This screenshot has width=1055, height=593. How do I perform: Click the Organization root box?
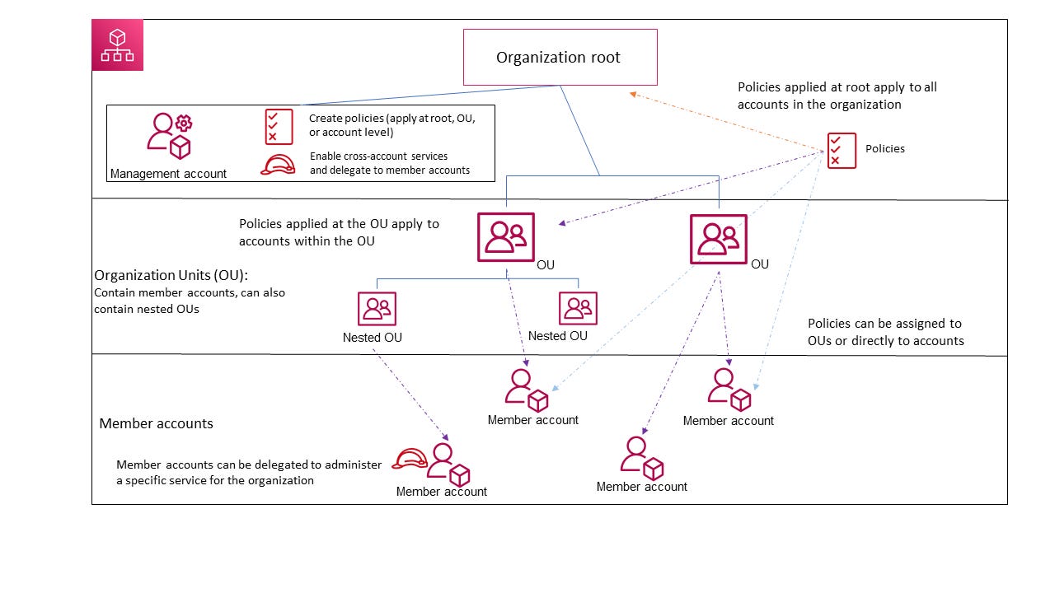(x=560, y=57)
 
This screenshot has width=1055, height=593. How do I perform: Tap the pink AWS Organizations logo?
(x=117, y=45)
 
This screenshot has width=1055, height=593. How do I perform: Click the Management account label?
(x=168, y=173)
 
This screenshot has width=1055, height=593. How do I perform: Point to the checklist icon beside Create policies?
(x=279, y=127)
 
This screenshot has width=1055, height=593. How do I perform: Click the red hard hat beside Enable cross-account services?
(x=278, y=164)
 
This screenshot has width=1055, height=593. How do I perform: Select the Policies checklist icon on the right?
(x=842, y=151)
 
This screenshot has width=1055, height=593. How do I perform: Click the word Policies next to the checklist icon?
(x=884, y=149)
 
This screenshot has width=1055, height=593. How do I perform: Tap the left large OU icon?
(x=505, y=237)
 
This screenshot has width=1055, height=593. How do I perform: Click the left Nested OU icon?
(x=377, y=309)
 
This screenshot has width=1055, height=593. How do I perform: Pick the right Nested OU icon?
(x=578, y=309)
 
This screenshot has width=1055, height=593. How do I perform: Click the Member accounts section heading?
(x=156, y=423)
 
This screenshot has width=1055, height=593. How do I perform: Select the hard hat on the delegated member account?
(x=408, y=458)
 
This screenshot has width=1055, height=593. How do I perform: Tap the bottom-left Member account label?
(x=441, y=492)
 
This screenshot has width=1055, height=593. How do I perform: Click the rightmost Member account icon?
(x=729, y=389)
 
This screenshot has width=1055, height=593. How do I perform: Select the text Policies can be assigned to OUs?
(x=884, y=332)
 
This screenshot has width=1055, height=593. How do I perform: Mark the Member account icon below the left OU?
(x=527, y=390)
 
